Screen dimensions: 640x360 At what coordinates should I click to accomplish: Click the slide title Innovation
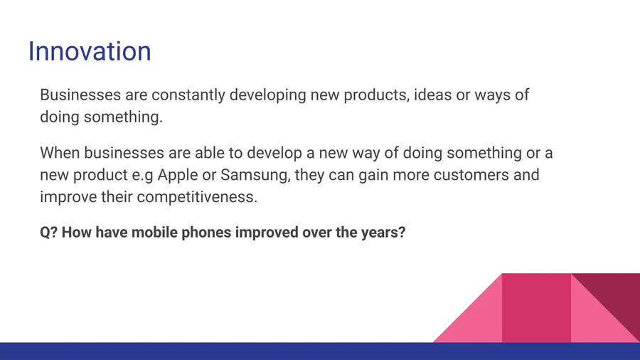coord(90,51)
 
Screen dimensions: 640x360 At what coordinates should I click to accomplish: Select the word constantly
coord(188,95)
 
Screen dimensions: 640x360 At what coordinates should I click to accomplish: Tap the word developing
coord(268,95)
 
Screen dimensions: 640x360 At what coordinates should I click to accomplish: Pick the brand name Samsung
coord(255,176)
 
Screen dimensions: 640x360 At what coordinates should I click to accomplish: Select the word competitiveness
coord(197,197)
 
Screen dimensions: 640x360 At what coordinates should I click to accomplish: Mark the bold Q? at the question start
coord(48,233)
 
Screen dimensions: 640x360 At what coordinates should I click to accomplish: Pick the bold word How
coord(77,232)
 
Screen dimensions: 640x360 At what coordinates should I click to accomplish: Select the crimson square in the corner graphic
coord(536,308)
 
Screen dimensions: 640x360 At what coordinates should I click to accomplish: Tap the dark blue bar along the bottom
coord(320,351)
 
